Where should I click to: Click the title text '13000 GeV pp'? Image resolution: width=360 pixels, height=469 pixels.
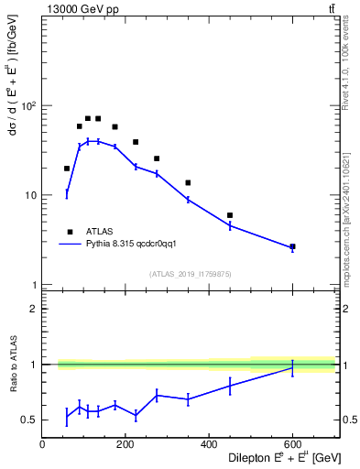coord(77,8)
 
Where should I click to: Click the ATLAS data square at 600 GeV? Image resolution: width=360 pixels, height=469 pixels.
coord(292,246)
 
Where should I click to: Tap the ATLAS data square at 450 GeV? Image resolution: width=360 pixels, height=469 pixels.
coord(230,215)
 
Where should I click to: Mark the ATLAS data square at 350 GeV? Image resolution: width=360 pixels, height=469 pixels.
coord(188,183)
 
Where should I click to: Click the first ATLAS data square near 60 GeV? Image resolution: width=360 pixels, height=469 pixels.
coord(67,169)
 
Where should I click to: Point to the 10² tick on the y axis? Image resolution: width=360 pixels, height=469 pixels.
coord(27,106)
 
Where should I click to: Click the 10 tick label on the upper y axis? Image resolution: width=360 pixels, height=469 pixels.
coord(30,196)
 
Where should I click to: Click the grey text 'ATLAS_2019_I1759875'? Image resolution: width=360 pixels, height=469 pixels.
coord(191,274)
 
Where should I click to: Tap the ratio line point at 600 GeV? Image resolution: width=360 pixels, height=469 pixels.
coord(292,366)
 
